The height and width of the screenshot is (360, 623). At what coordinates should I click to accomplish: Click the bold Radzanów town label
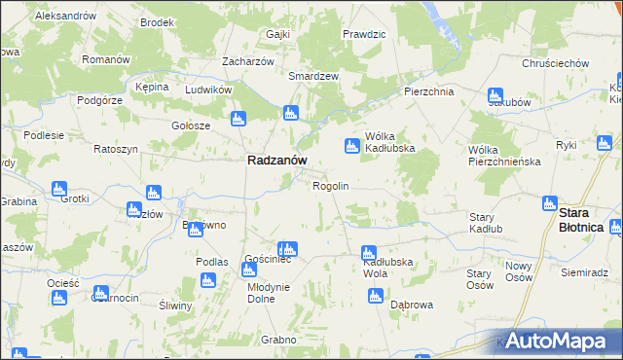coord(277,162)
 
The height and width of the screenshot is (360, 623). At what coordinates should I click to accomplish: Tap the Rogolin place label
coord(330,185)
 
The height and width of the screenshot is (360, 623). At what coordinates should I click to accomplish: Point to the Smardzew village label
coord(312,75)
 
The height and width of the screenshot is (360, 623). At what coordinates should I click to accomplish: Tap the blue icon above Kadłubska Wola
coord(368,251)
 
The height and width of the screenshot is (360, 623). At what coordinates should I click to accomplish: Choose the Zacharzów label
coord(247,60)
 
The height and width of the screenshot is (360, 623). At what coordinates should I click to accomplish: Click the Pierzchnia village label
coord(429,91)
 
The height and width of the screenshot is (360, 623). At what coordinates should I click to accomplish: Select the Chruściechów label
coord(555,63)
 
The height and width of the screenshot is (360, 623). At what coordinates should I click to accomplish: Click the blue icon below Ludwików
coord(237,120)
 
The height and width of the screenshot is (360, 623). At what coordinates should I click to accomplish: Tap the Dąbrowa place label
coord(411,305)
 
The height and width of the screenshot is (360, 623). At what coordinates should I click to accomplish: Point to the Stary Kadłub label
coord(482,223)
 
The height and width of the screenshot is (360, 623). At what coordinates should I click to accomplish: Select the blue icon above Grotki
coord(58,187)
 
